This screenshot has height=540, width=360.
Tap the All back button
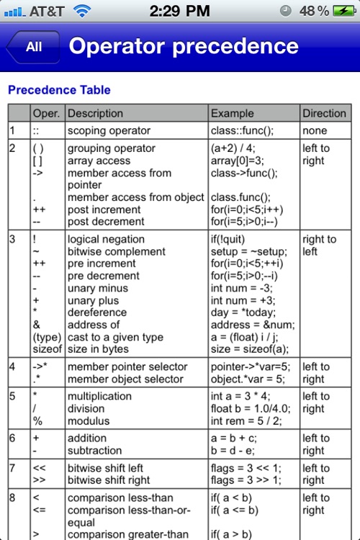33,47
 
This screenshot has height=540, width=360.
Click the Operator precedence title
183,47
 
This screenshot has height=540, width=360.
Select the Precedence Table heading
59,90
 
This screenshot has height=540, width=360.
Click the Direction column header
324,113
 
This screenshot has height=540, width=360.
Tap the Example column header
232,113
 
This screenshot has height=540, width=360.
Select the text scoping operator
109,131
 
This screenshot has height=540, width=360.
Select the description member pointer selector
127,366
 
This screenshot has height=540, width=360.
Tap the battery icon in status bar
342,11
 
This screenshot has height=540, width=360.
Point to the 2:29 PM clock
179,11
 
